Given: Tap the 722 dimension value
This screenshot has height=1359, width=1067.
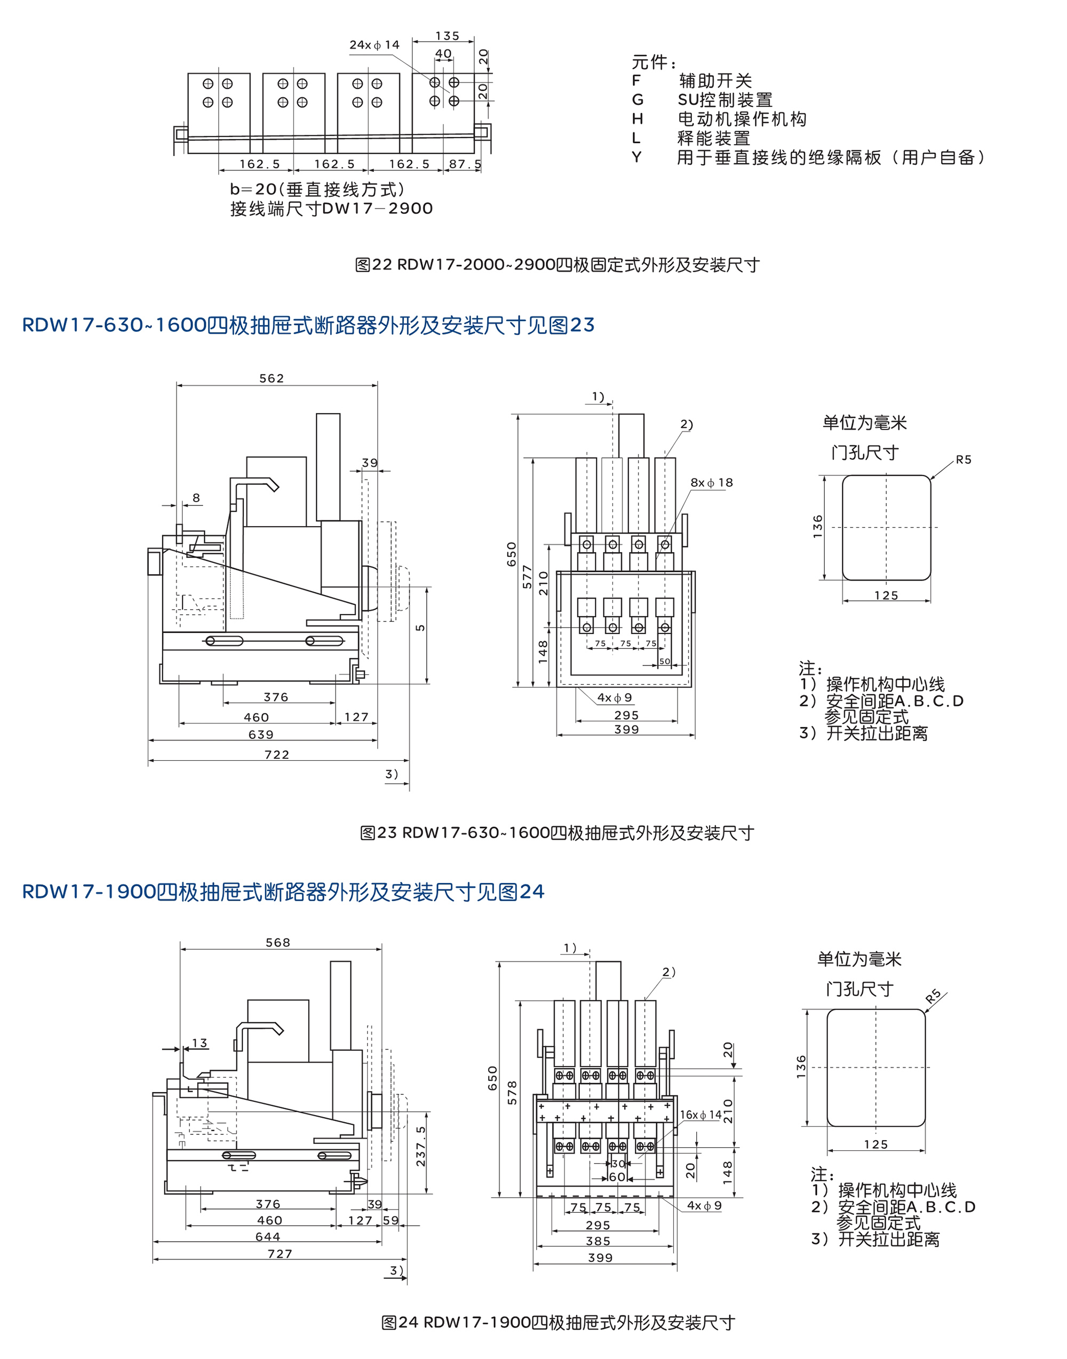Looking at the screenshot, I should tap(277, 755).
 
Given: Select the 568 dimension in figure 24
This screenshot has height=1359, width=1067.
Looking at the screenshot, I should tap(278, 942).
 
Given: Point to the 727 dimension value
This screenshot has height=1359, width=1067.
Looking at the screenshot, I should tap(280, 1254).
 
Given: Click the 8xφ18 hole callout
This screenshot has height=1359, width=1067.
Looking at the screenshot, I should tap(712, 482).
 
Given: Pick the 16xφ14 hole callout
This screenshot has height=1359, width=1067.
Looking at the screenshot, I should tap(700, 1115).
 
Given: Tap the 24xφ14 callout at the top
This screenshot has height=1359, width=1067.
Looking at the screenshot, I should tap(374, 45).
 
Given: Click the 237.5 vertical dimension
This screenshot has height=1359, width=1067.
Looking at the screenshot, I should tap(421, 1147).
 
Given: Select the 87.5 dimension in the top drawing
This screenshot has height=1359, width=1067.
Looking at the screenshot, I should tap(465, 164).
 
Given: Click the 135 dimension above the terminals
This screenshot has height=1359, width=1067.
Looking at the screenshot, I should tap(447, 36).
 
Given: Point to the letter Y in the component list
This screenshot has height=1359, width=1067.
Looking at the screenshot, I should tap(636, 157).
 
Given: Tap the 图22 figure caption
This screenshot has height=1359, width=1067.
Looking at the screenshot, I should tap(557, 265).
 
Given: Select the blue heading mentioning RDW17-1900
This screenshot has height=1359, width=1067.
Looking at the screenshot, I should tap(283, 892).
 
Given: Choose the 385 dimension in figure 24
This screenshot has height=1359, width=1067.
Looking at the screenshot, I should tap(598, 1241).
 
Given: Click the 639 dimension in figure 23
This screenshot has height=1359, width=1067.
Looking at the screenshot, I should tap(261, 735).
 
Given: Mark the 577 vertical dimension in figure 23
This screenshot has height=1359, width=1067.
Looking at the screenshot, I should tap(527, 577).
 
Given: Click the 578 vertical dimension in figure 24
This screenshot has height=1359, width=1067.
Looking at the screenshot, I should tap(512, 1093).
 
